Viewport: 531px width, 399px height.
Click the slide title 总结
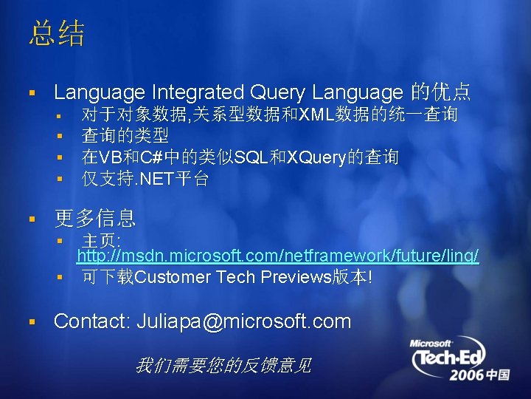pos(57,35)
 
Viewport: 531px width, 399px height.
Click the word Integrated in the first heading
pos(197,92)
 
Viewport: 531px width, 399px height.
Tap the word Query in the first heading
pos(277,92)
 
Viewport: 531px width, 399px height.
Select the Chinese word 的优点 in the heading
pos(441,92)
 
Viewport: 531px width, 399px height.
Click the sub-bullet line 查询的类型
pos(125,136)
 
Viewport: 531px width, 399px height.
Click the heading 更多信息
pos(94,218)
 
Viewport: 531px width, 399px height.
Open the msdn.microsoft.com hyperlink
pos(277,256)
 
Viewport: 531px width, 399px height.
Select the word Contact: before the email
pos(92,321)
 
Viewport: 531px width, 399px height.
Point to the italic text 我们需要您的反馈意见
pos(223,365)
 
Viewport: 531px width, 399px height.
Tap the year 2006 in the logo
pos(468,375)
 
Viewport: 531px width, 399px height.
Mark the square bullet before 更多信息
pos(31,219)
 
